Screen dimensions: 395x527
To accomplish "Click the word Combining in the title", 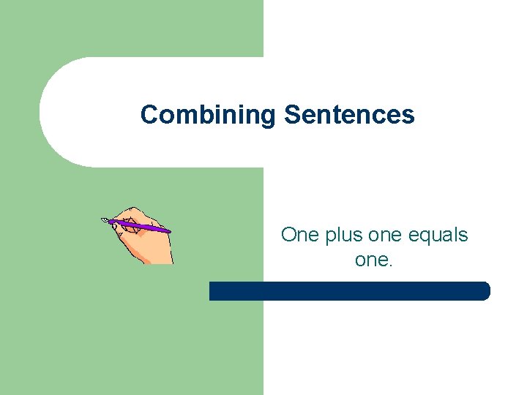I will click(207, 116).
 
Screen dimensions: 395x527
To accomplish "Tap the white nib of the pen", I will click(105, 219).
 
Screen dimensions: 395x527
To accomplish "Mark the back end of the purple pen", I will click(169, 232).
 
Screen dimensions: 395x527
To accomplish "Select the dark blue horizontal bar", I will click(349, 291).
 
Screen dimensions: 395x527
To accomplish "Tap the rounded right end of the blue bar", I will click(485, 291).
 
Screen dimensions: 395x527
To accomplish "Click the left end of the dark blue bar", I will click(213, 291).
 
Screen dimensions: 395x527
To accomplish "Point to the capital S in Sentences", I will click(291, 115).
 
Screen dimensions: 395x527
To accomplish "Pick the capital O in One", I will click(288, 236).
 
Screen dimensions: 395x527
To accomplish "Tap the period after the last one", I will click(391, 265).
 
